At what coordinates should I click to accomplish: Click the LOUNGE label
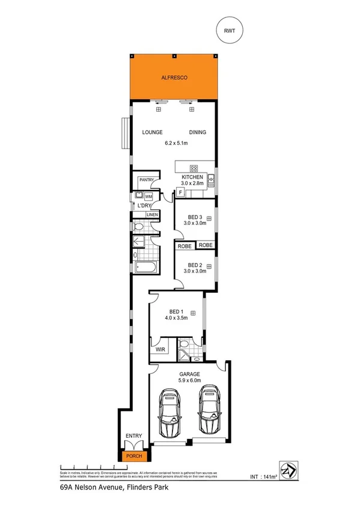(x=153, y=132)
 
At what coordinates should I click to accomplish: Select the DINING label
(x=198, y=132)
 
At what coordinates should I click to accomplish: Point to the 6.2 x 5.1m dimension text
(x=176, y=143)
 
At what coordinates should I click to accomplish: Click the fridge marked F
(x=180, y=192)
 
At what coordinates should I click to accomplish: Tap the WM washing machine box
(x=148, y=196)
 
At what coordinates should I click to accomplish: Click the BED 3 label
(x=195, y=217)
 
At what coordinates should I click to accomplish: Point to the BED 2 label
(x=195, y=265)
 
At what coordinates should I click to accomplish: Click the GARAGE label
(x=189, y=374)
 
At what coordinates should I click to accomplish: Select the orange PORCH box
(x=133, y=456)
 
